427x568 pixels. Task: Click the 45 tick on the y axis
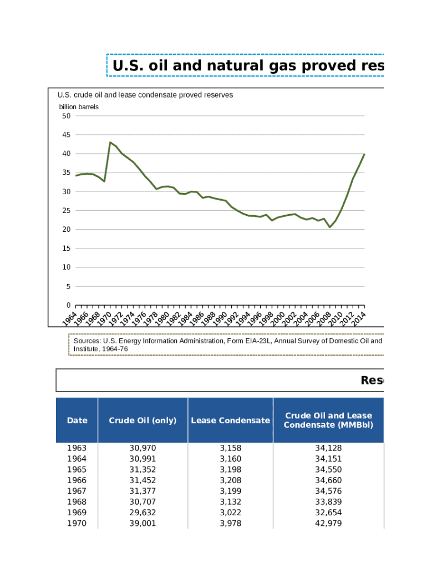(67, 135)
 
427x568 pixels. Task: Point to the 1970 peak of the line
(110, 143)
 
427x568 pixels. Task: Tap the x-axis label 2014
(359, 316)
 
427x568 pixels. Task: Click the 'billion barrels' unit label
(79, 106)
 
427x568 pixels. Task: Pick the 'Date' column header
(77, 420)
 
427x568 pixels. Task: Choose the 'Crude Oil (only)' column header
(143, 420)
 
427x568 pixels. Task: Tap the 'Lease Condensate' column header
(230, 420)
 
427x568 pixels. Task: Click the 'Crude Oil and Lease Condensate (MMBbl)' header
(328, 420)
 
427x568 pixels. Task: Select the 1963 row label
(77, 448)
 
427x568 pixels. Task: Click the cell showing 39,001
(143, 524)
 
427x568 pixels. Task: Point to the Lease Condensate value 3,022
(230, 513)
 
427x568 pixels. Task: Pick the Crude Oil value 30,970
(143, 448)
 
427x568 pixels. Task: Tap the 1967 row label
(77, 491)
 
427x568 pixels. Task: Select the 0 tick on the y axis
(68, 305)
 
